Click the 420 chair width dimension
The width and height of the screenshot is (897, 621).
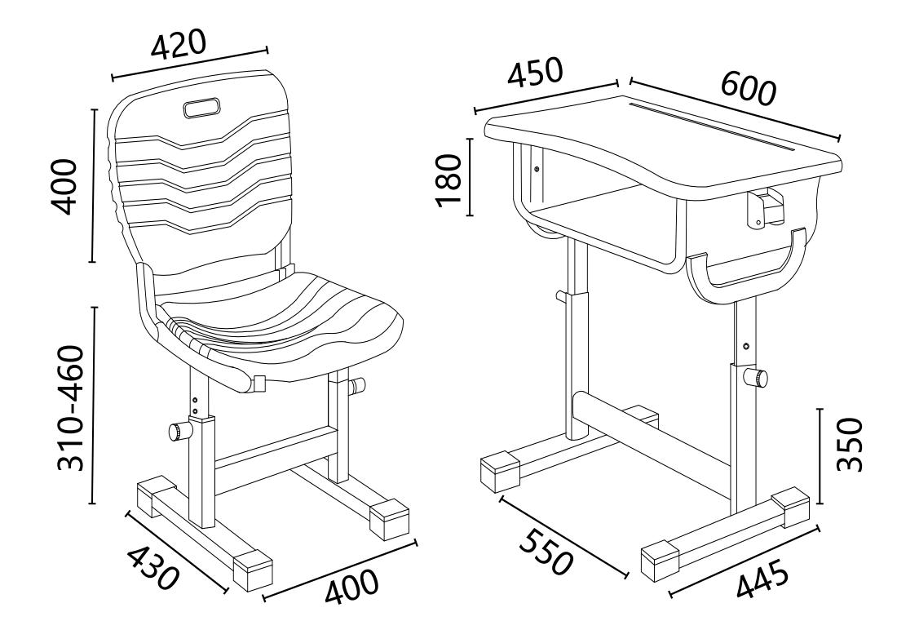(x=177, y=45)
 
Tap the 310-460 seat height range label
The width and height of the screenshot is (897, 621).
(x=72, y=408)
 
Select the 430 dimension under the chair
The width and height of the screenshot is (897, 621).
(x=152, y=568)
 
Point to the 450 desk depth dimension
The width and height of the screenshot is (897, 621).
(x=536, y=73)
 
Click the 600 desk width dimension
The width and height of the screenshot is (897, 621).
(x=749, y=89)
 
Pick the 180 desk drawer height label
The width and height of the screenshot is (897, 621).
(x=448, y=180)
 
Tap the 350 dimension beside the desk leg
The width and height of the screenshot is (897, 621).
(x=849, y=445)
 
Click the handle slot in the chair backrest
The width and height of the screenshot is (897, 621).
(x=201, y=108)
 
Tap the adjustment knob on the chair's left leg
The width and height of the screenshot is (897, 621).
(x=179, y=431)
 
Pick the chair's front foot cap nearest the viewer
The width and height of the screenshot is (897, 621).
(x=252, y=570)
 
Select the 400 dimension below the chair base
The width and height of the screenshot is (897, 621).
(x=351, y=586)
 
